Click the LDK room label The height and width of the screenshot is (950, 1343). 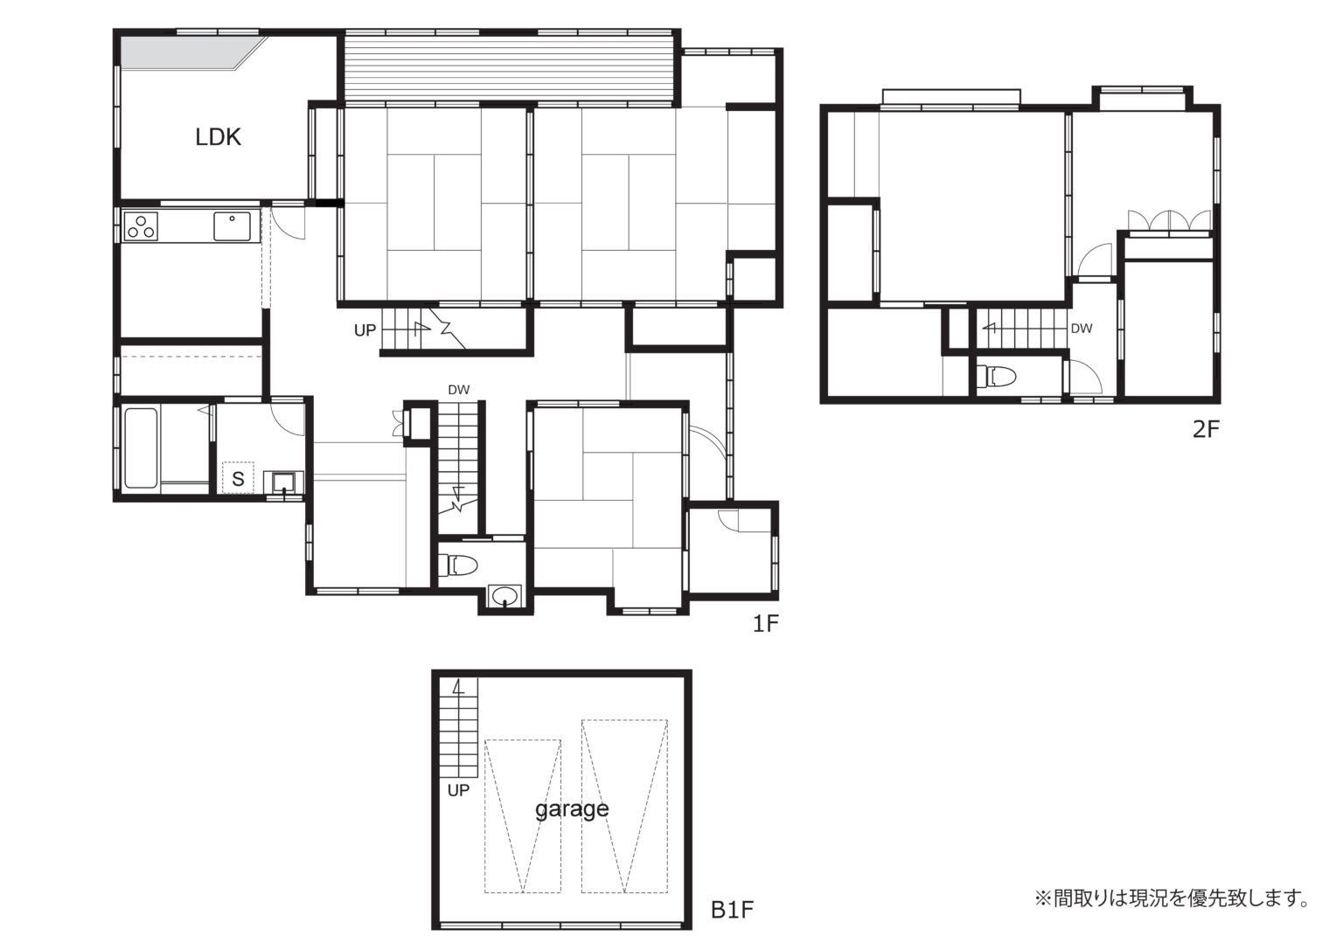click(x=218, y=137)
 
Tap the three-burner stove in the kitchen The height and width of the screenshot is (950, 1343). click(x=141, y=226)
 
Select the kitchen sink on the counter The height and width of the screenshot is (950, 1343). click(x=232, y=226)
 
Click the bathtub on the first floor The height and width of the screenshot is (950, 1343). click(x=142, y=447)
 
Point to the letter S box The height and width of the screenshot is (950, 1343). click(x=238, y=478)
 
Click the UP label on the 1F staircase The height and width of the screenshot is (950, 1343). click(x=365, y=330)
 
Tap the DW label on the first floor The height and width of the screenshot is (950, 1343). click(x=459, y=390)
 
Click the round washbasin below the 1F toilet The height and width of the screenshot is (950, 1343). click(x=504, y=596)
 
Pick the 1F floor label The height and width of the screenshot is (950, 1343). click(x=766, y=624)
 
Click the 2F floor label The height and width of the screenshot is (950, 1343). click(x=1207, y=428)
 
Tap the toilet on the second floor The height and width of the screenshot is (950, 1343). click(x=996, y=377)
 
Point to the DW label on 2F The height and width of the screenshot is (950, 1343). click(x=1082, y=329)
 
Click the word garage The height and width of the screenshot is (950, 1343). click(x=572, y=809)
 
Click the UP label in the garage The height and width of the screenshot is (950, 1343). click(x=458, y=791)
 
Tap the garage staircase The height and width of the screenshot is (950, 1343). click(x=459, y=728)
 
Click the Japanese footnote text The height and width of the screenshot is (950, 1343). click(x=1172, y=915)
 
